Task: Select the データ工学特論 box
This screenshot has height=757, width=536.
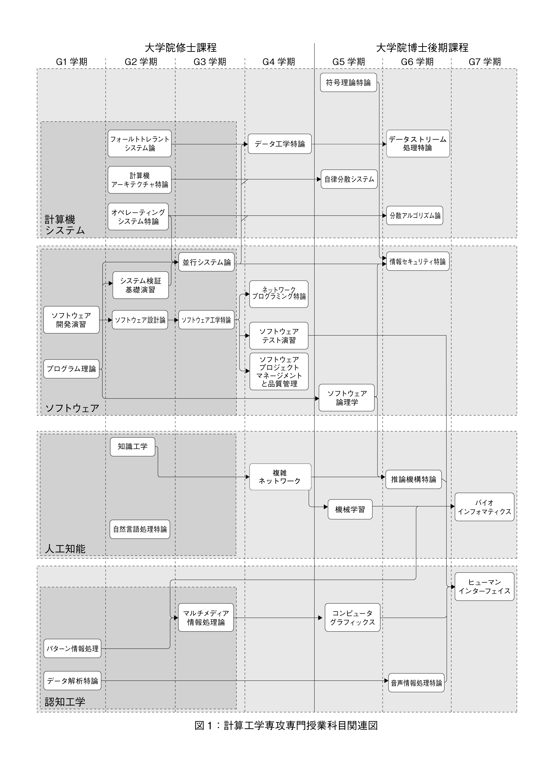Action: tap(280, 144)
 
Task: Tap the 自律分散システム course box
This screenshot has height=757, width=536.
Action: tap(349, 179)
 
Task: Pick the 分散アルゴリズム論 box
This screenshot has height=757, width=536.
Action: tap(415, 215)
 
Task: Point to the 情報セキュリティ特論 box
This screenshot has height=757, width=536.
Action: tap(418, 261)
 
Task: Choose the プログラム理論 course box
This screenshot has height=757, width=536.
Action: tap(71, 369)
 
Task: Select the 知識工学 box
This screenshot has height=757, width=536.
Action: tap(133, 447)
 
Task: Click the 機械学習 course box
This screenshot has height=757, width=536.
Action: tap(350, 509)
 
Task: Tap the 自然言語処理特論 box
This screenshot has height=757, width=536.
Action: tap(140, 529)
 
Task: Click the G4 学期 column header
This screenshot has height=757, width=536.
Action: tap(279, 62)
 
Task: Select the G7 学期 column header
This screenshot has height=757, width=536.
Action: tap(485, 62)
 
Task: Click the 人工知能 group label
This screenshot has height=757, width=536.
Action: tap(65, 549)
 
